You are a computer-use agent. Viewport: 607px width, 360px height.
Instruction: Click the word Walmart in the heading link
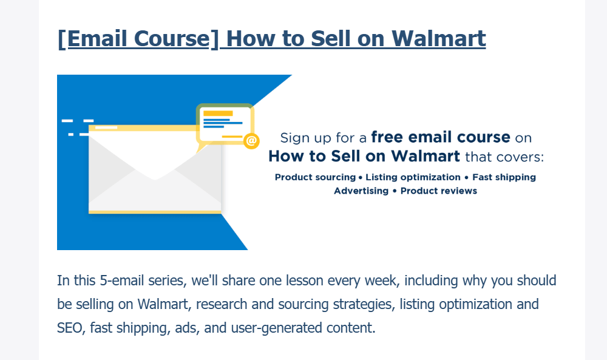438,38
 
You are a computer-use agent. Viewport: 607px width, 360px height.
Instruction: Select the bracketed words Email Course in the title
138,39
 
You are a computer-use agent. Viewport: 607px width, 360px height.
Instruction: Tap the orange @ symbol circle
251,140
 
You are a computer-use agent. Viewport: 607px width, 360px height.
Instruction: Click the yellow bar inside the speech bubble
218,114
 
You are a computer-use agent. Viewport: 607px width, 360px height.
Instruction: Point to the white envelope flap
155,155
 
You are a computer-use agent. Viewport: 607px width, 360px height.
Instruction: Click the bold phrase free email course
441,137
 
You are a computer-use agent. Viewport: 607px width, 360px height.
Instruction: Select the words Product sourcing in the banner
315,177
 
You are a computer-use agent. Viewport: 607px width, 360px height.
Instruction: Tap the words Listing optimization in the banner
413,177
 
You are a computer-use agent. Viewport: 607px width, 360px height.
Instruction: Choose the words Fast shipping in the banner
504,177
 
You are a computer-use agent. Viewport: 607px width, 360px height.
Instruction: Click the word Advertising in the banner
361,191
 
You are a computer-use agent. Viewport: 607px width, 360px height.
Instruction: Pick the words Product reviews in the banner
439,191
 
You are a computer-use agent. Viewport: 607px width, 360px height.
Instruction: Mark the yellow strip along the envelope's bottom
155,212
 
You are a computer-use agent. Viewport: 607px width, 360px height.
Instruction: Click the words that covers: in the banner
504,157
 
